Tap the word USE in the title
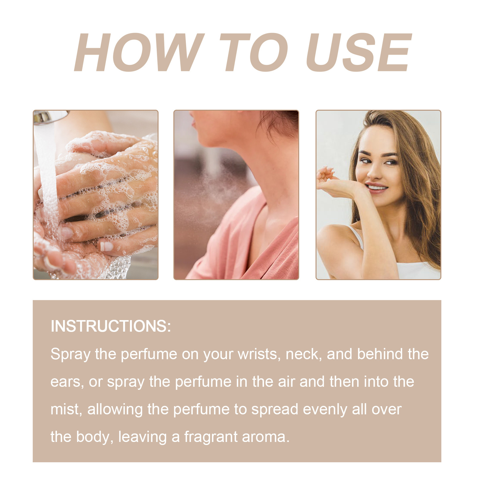359,52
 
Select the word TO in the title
253,52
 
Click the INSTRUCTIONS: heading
111,326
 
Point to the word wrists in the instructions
259,354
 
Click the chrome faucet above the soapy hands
48,117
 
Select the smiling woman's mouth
376,187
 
